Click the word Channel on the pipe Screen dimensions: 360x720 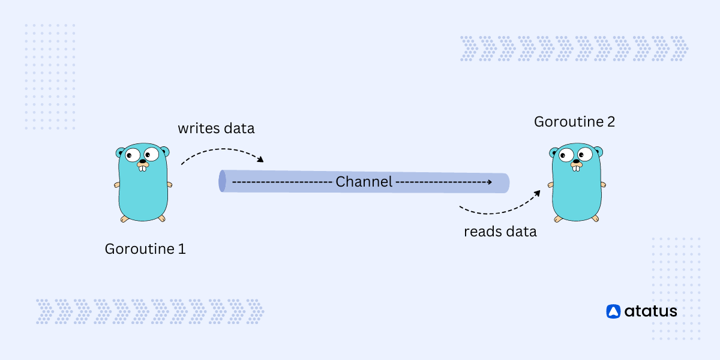coord(364,182)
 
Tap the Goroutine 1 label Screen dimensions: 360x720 coord(145,248)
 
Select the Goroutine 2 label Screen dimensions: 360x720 coord(574,122)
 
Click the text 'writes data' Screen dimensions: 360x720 coord(216,128)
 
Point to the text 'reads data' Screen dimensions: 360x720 coord(500,232)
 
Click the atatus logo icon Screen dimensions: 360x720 coord(613,311)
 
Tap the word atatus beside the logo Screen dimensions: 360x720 coord(650,311)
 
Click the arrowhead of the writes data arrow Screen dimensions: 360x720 coord(260,160)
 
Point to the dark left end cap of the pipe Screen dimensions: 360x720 coord(223,181)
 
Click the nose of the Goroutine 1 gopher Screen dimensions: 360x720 coord(143,161)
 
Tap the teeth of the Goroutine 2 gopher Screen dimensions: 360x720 coord(576,167)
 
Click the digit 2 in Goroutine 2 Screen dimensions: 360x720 coord(610,122)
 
